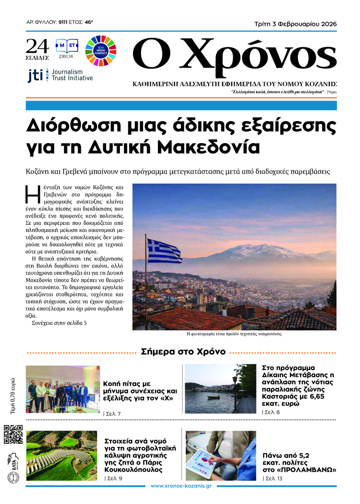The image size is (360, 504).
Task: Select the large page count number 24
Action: pos(37,46)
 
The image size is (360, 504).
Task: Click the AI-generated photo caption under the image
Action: pos(234,334)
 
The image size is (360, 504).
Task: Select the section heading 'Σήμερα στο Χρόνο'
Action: pos(183,352)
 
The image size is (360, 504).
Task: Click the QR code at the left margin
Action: pos(13,434)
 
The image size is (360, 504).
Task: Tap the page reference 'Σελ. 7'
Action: pos(112,414)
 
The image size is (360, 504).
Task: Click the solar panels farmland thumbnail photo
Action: pos(61,455)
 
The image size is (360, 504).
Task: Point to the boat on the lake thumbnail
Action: pos(213,397)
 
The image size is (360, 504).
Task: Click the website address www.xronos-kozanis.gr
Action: pos(181,486)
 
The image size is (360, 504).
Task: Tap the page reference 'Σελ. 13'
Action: pos(273,479)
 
